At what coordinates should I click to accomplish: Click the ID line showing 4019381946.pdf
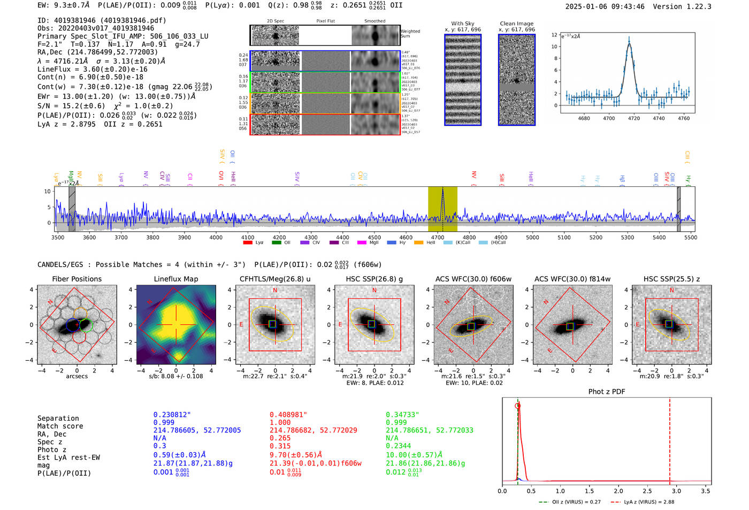pyautogui.click(x=102, y=20)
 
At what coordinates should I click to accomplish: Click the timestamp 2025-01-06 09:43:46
pyautogui.click(x=605, y=6)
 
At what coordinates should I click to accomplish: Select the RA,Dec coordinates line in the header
pyautogui.click(x=97, y=52)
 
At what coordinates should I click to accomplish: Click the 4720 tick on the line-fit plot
pyautogui.click(x=634, y=118)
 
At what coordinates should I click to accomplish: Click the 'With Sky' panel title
pyautogui.click(x=462, y=24)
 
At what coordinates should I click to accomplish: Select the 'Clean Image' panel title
pyautogui.click(x=516, y=24)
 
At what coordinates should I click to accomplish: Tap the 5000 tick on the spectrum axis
pyautogui.click(x=532, y=237)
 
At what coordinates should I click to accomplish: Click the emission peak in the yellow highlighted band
pyautogui.click(x=442, y=191)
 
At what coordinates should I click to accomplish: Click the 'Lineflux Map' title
pyautogui.click(x=175, y=279)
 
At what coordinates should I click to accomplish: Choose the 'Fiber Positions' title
pyautogui.click(x=77, y=279)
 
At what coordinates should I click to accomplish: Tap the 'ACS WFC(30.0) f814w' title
pyautogui.click(x=572, y=279)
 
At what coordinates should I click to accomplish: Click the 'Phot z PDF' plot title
pyautogui.click(x=607, y=392)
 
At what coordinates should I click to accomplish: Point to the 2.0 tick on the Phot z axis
pyautogui.click(x=618, y=491)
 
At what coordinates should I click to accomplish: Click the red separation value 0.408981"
pyautogui.click(x=288, y=415)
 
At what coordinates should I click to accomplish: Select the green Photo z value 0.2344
pyautogui.click(x=399, y=446)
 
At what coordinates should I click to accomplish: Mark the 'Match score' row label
pyautogui.click(x=60, y=426)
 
